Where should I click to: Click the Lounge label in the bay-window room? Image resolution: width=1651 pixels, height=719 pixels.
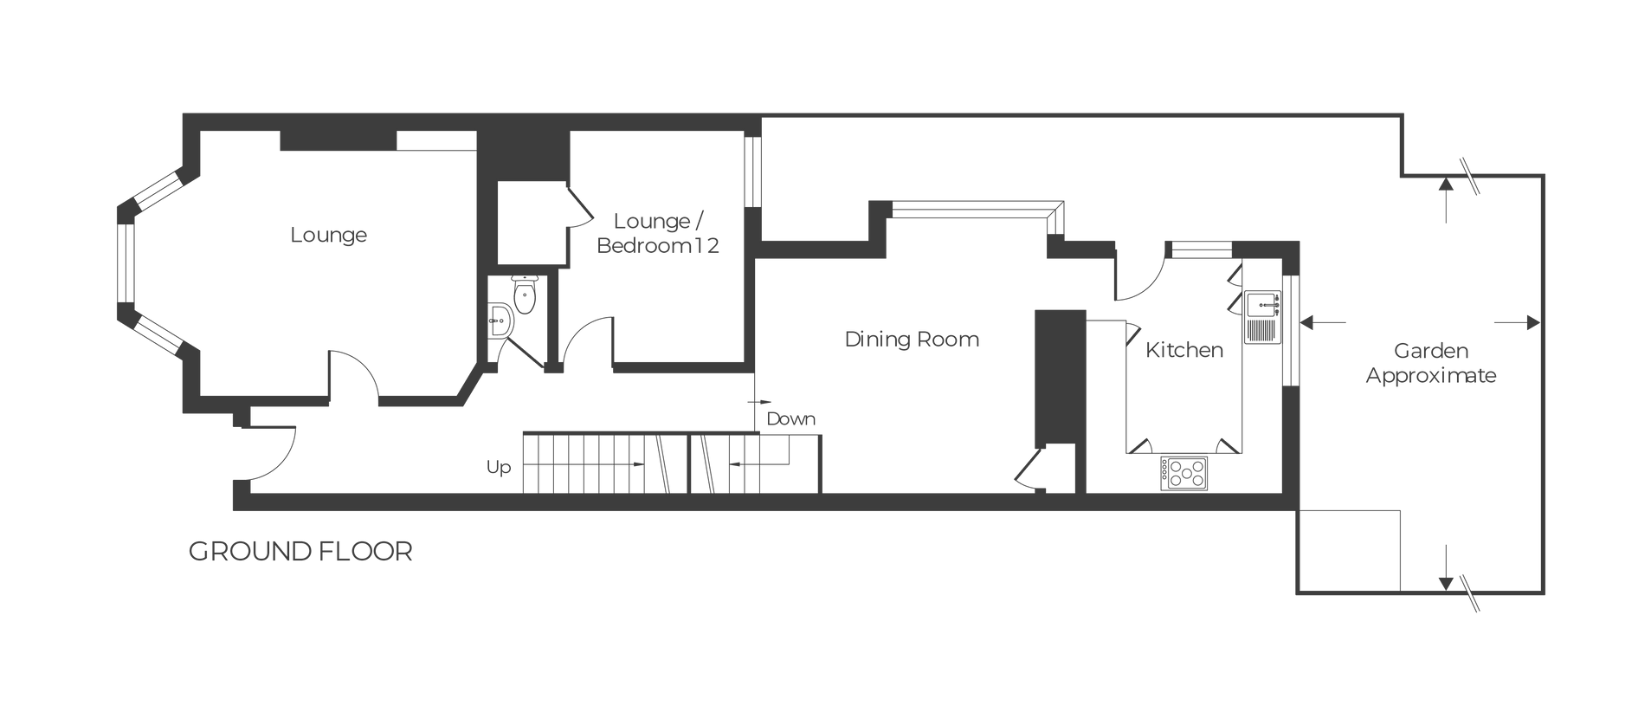click(329, 235)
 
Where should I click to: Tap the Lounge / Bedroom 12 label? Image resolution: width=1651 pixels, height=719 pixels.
click(658, 233)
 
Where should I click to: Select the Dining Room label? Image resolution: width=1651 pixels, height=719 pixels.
click(912, 339)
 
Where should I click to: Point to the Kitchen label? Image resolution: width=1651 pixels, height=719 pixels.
click(1184, 350)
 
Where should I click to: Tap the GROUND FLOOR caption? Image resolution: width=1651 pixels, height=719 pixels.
click(300, 552)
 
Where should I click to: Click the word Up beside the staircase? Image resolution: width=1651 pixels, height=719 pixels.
click(499, 468)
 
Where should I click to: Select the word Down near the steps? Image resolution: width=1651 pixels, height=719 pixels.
click(791, 419)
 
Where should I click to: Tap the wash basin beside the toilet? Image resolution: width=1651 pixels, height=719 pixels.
click(501, 321)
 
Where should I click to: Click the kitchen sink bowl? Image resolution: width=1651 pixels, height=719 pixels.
click(1261, 304)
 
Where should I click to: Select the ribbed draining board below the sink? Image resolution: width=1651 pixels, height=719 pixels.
click(1260, 329)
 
